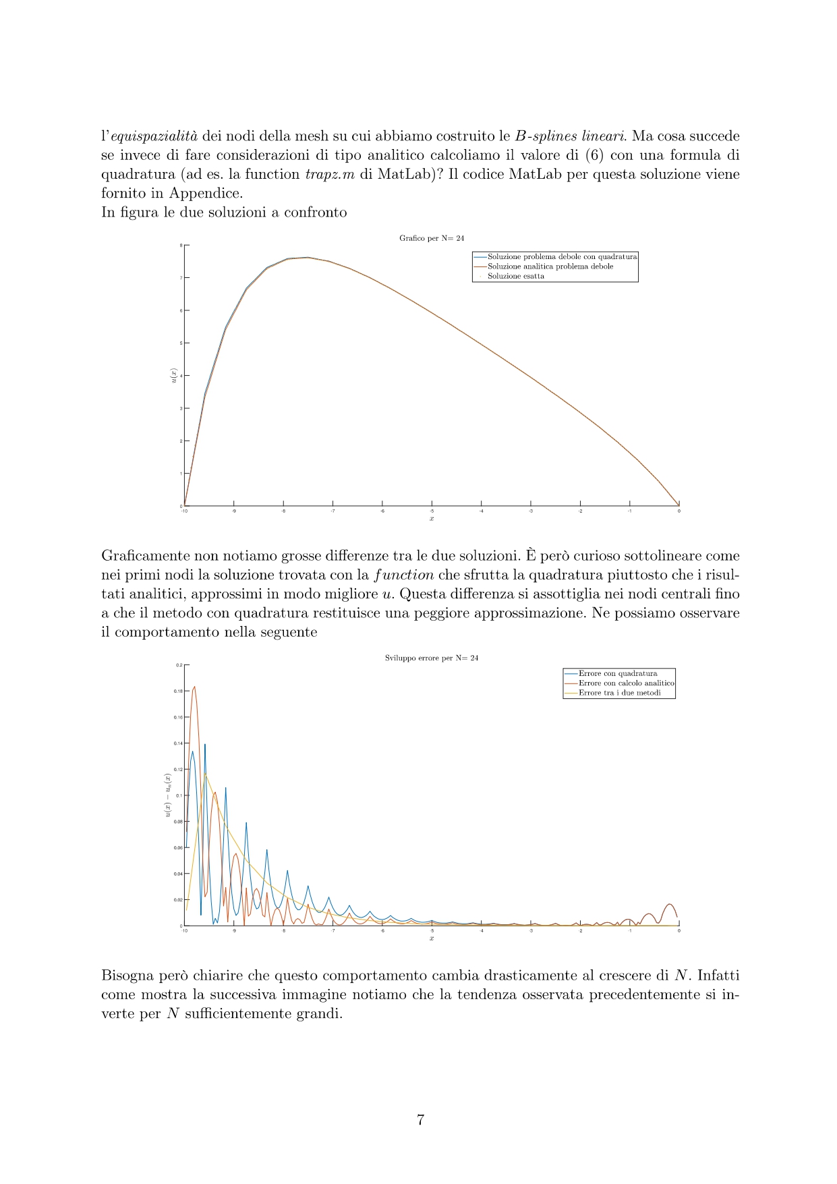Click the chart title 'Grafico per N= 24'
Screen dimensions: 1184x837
click(432, 238)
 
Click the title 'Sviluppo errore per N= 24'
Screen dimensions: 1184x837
click(432, 658)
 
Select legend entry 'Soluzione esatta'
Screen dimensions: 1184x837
click(515, 276)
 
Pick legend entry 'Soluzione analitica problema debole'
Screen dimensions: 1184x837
click(550, 266)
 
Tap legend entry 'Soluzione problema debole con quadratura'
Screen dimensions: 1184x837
click(562, 257)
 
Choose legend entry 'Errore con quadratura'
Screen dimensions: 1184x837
click(617, 673)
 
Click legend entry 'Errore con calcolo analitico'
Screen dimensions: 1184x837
click(626, 683)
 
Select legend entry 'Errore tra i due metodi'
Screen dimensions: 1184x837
click(619, 693)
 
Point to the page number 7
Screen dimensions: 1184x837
click(420, 1120)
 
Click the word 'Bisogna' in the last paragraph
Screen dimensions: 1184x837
click(124, 976)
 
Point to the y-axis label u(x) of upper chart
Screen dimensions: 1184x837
click(173, 376)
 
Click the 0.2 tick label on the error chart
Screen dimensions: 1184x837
click(179, 665)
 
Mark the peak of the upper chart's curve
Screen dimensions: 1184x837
click(308, 257)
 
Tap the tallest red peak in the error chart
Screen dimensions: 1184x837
click(194, 687)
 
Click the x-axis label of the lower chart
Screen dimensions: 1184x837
click(432, 938)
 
